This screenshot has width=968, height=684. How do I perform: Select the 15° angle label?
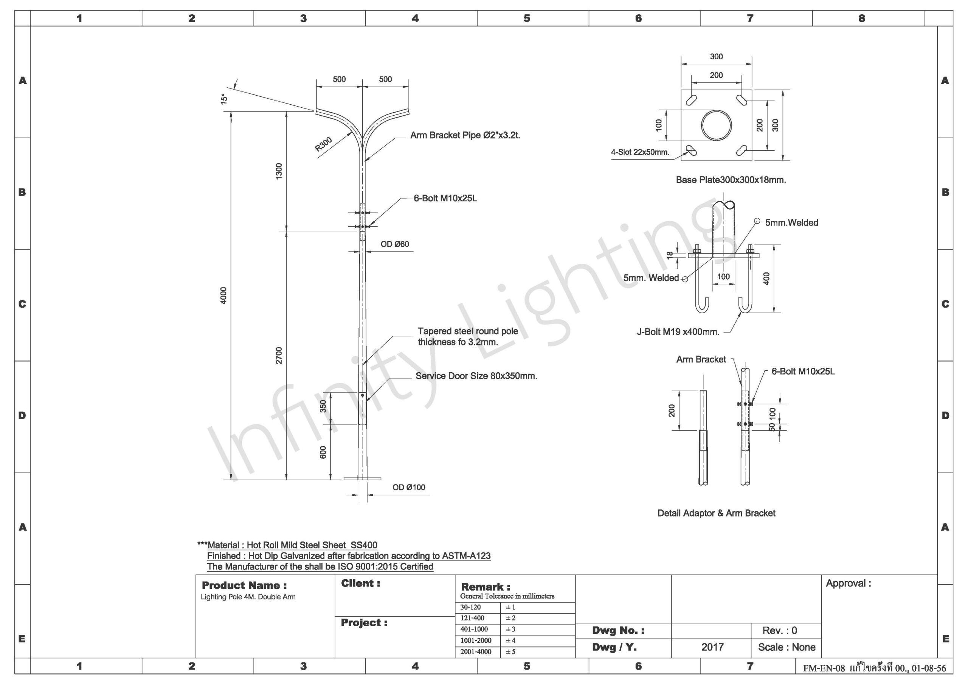224,99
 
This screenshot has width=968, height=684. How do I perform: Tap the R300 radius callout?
323,144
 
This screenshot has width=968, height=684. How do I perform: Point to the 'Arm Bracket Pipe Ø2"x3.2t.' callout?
465,135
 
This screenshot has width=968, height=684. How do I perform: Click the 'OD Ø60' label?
395,244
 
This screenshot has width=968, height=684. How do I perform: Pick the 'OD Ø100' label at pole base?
408,487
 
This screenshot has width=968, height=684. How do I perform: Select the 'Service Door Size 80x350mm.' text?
476,376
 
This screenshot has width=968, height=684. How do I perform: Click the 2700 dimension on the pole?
279,355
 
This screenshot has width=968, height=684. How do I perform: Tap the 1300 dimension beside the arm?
279,171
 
